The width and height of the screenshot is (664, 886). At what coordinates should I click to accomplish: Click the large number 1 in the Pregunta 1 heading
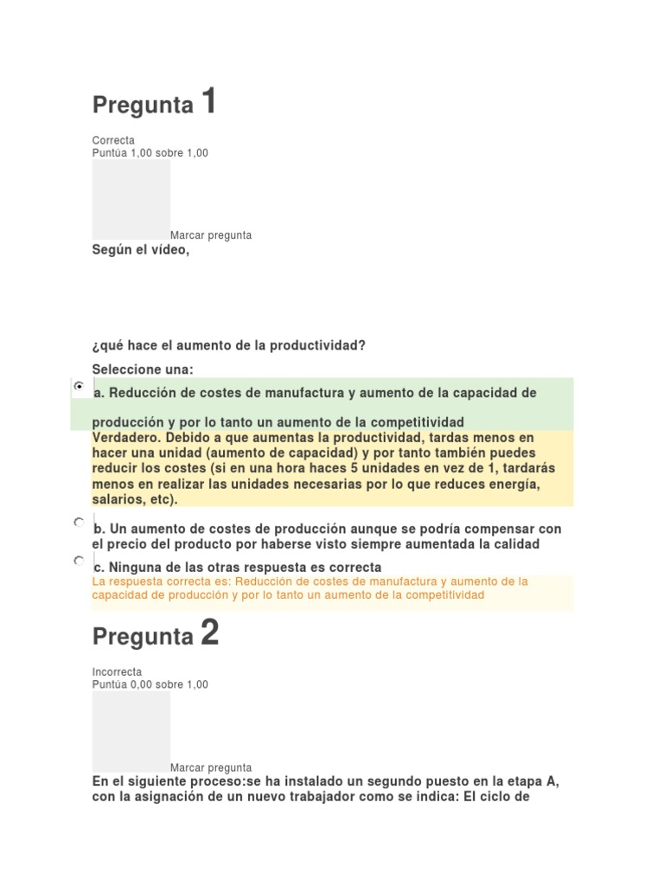[208, 102]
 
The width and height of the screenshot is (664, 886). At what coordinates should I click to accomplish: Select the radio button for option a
[80, 387]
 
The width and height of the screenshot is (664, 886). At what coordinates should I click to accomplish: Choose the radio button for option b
[80, 523]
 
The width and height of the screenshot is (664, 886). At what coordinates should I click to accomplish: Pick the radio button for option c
[80, 561]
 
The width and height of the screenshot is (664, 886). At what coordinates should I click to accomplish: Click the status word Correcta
[113, 140]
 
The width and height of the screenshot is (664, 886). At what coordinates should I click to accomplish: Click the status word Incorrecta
[117, 671]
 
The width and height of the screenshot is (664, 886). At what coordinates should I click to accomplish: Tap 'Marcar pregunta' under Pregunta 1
[211, 235]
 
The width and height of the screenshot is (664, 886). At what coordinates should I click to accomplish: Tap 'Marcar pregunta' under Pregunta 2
[211, 767]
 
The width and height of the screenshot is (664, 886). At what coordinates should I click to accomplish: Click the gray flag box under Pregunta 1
[131, 199]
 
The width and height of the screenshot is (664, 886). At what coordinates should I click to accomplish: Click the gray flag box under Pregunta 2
[131, 730]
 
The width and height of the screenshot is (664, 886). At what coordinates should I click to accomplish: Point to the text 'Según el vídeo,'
[140, 250]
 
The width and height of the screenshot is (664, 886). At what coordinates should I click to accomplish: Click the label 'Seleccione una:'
[143, 369]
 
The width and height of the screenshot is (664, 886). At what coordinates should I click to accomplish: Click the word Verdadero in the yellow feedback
[125, 437]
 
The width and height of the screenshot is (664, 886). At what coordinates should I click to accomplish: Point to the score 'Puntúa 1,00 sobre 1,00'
[150, 153]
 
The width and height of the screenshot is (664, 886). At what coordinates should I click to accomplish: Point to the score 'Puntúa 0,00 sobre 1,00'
[150, 684]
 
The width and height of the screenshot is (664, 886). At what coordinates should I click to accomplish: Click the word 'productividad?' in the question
[322, 345]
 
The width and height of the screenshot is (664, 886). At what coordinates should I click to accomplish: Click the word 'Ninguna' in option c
[134, 568]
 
